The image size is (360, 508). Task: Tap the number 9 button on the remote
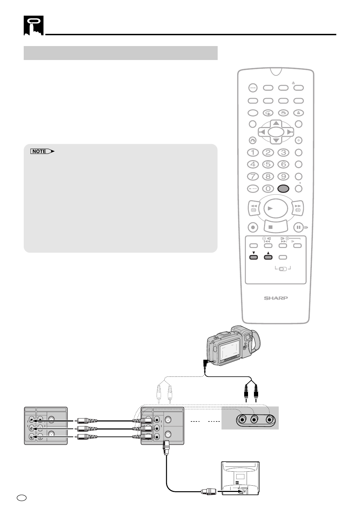pyautogui.click(x=283, y=177)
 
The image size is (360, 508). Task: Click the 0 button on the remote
pyautogui.click(x=268, y=188)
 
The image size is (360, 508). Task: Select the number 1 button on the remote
pyautogui.click(x=253, y=152)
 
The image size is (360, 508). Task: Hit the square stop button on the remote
pyautogui.click(x=276, y=227)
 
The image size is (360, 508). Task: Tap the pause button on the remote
pyautogui.click(x=298, y=227)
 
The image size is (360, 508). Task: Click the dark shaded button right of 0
pyautogui.click(x=283, y=188)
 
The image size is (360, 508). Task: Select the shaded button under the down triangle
pyautogui.click(x=254, y=258)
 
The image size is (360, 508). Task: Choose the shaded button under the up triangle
pyautogui.click(x=268, y=258)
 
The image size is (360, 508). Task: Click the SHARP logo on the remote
pyautogui.click(x=276, y=298)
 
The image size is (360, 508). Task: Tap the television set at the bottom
pyautogui.click(x=240, y=478)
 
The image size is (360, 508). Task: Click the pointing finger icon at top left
pyautogui.click(x=33, y=25)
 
